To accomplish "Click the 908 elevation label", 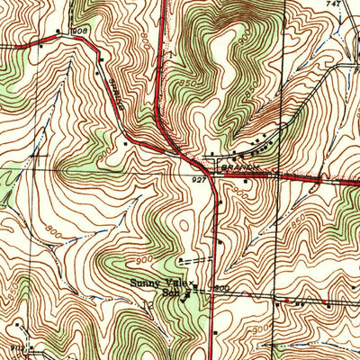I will (x=81, y=31).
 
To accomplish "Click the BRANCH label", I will (x=239, y=166).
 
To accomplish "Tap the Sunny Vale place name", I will (x=156, y=283).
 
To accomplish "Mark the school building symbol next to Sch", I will (x=188, y=292).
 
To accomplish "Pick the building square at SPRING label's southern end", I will (x=124, y=141).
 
